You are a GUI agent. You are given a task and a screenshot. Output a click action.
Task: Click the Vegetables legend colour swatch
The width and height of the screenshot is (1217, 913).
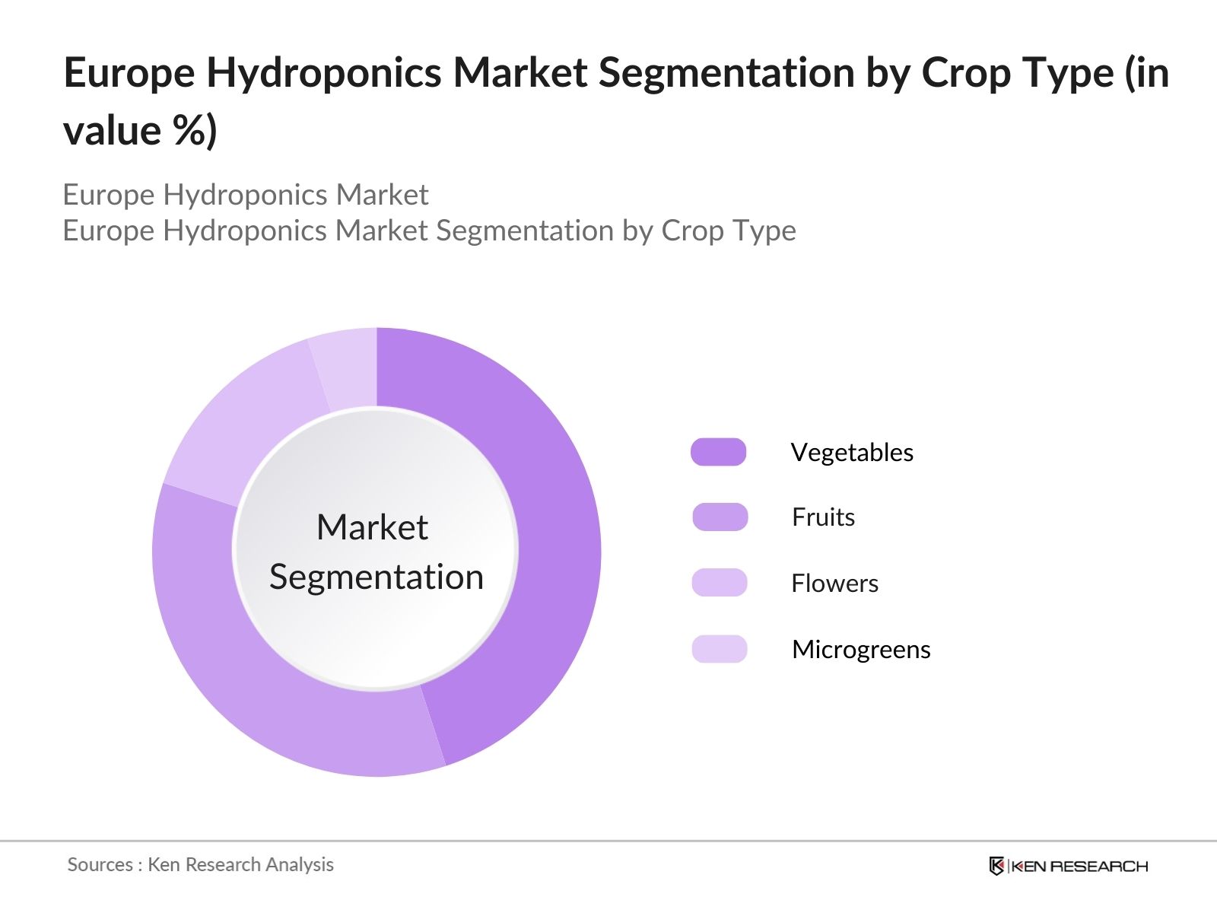718,452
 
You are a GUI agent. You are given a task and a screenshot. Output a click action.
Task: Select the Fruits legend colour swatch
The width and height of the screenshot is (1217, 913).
720,517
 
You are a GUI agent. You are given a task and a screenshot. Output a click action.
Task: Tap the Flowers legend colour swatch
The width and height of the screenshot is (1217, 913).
719,583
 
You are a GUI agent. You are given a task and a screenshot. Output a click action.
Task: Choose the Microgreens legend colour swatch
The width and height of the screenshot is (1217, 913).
719,649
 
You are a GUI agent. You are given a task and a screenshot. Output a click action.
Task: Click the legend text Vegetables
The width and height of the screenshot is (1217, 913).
852,453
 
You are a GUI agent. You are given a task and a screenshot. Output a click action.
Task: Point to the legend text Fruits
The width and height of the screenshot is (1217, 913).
823,517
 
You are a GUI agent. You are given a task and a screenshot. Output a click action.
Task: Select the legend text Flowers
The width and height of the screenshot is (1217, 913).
834,584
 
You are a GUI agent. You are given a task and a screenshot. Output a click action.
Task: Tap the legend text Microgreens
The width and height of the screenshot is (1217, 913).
861,650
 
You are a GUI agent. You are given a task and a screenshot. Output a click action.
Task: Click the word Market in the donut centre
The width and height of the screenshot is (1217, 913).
372,527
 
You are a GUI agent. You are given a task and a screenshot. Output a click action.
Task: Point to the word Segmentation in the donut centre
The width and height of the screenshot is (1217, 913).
377,577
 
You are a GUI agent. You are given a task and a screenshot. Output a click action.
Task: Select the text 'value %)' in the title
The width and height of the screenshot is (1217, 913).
140,131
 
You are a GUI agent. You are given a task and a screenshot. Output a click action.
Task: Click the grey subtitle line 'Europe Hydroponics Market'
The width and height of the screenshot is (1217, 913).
245,195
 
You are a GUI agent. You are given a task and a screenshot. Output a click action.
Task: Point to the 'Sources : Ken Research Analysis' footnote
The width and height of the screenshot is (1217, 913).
200,864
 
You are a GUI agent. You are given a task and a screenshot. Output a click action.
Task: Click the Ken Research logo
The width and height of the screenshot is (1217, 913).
1068,866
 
